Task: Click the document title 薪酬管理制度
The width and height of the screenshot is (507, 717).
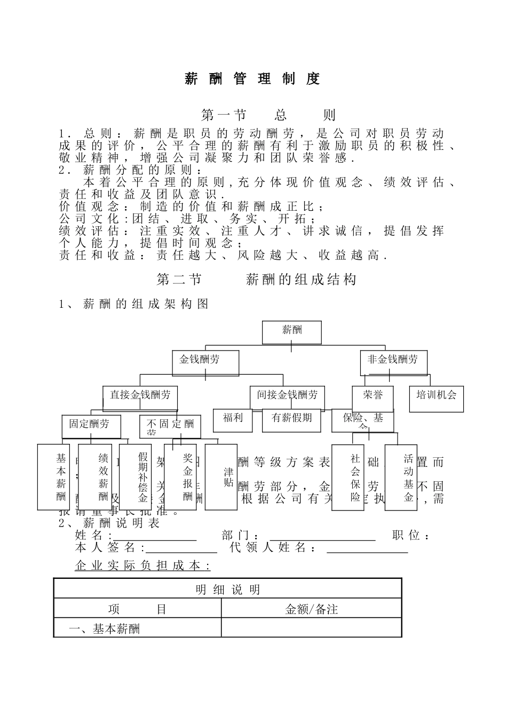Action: point(252,79)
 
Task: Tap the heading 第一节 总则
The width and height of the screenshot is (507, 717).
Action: point(268,115)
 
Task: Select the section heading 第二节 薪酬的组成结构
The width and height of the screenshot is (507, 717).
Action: point(257,280)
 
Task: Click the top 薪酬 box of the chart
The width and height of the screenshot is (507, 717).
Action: point(291,332)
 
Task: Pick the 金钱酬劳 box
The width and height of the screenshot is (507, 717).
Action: point(205,362)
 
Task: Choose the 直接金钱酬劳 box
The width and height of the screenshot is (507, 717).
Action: point(140,397)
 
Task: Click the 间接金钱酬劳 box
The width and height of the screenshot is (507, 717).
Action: point(287,397)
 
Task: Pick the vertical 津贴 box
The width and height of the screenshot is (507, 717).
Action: point(221,476)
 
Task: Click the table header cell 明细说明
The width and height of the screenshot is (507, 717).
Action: point(228,589)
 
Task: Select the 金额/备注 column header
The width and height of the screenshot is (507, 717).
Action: point(312,609)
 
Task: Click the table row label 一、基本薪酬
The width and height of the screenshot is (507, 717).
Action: point(105,629)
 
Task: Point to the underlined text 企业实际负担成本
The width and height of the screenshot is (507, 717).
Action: point(143,565)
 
